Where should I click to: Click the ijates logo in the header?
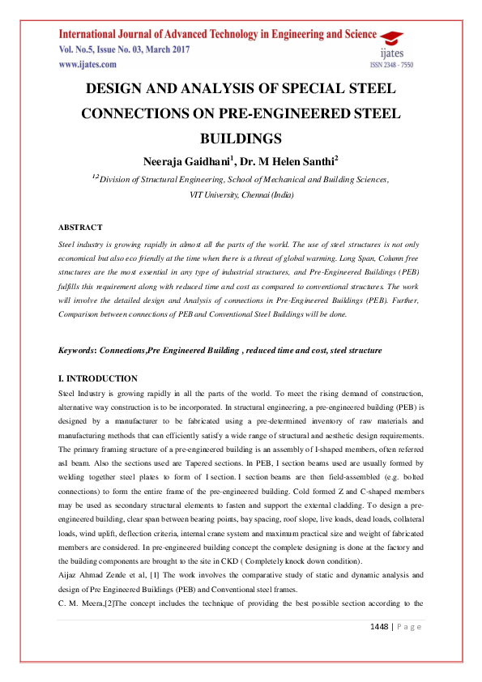(x=395, y=42)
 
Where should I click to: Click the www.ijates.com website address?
(x=83, y=62)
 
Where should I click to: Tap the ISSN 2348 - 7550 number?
(x=391, y=64)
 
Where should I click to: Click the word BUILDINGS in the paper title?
(x=241, y=138)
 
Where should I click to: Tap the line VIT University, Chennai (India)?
(x=241, y=194)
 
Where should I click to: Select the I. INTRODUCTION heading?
(x=97, y=378)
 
